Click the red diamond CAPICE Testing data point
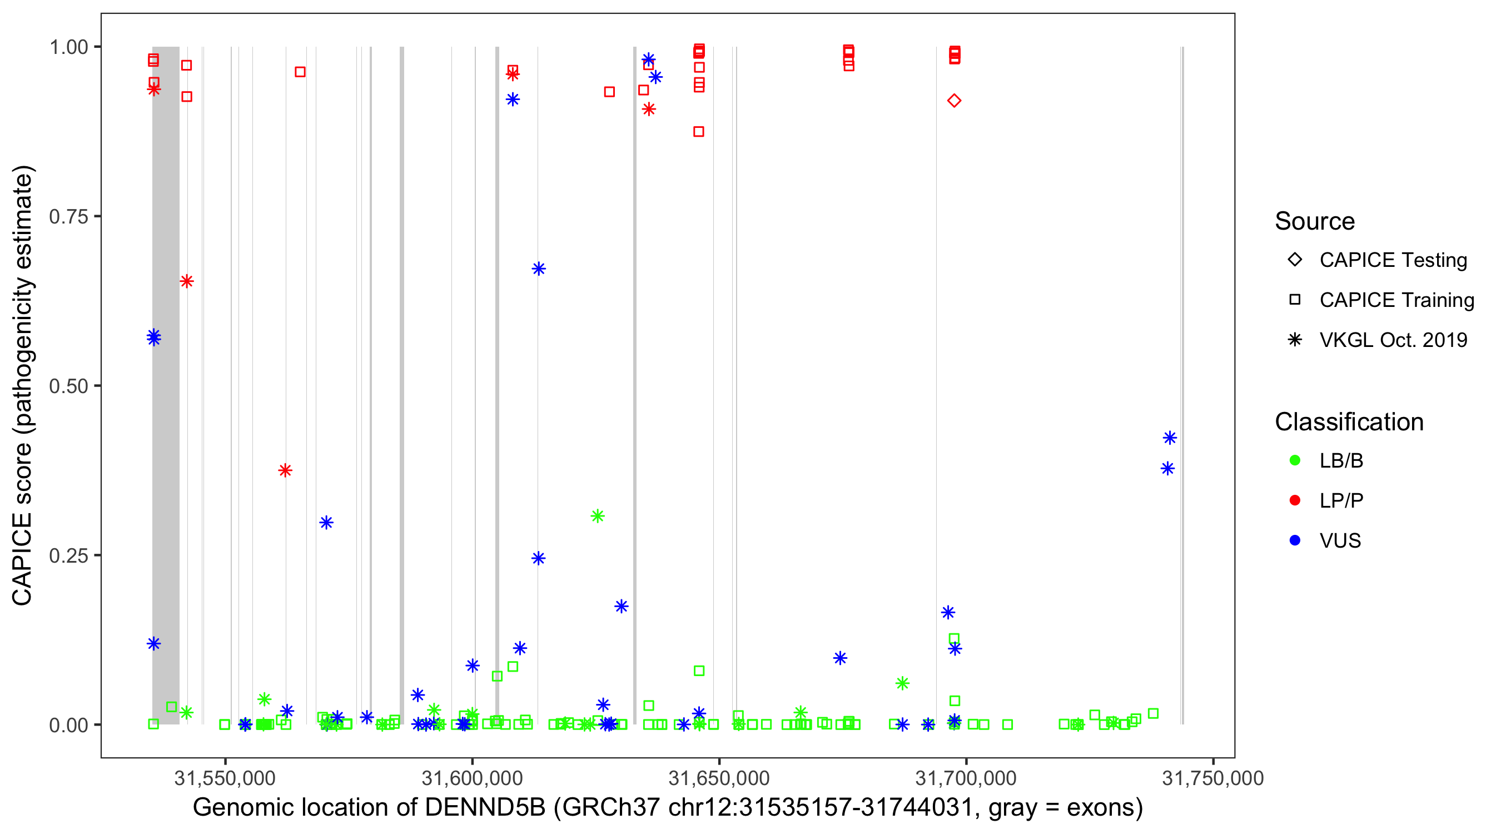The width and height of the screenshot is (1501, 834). click(954, 101)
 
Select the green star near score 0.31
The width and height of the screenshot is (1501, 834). click(597, 516)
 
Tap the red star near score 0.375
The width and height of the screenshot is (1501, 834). click(285, 470)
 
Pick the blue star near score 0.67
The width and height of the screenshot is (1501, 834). click(538, 269)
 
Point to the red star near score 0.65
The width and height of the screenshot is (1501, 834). click(186, 281)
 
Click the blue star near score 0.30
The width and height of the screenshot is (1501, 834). click(326, 522)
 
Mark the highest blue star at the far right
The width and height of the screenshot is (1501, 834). click(1170, 438)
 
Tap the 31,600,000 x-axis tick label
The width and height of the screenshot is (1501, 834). click(472, 778)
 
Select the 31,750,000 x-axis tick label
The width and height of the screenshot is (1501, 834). click(1212, 778)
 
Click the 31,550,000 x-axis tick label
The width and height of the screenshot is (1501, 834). click(225, 778)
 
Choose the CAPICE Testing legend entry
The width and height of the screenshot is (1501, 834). click(1393, 260)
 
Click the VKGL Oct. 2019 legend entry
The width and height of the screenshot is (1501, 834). click(1393, 340)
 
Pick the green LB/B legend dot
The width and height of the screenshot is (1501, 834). click(1295, 460)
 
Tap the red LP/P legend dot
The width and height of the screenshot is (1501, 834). click(1295, 500)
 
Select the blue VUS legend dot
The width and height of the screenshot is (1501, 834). click(1295, 540)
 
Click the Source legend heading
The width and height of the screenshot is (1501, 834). click(1315, 221)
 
